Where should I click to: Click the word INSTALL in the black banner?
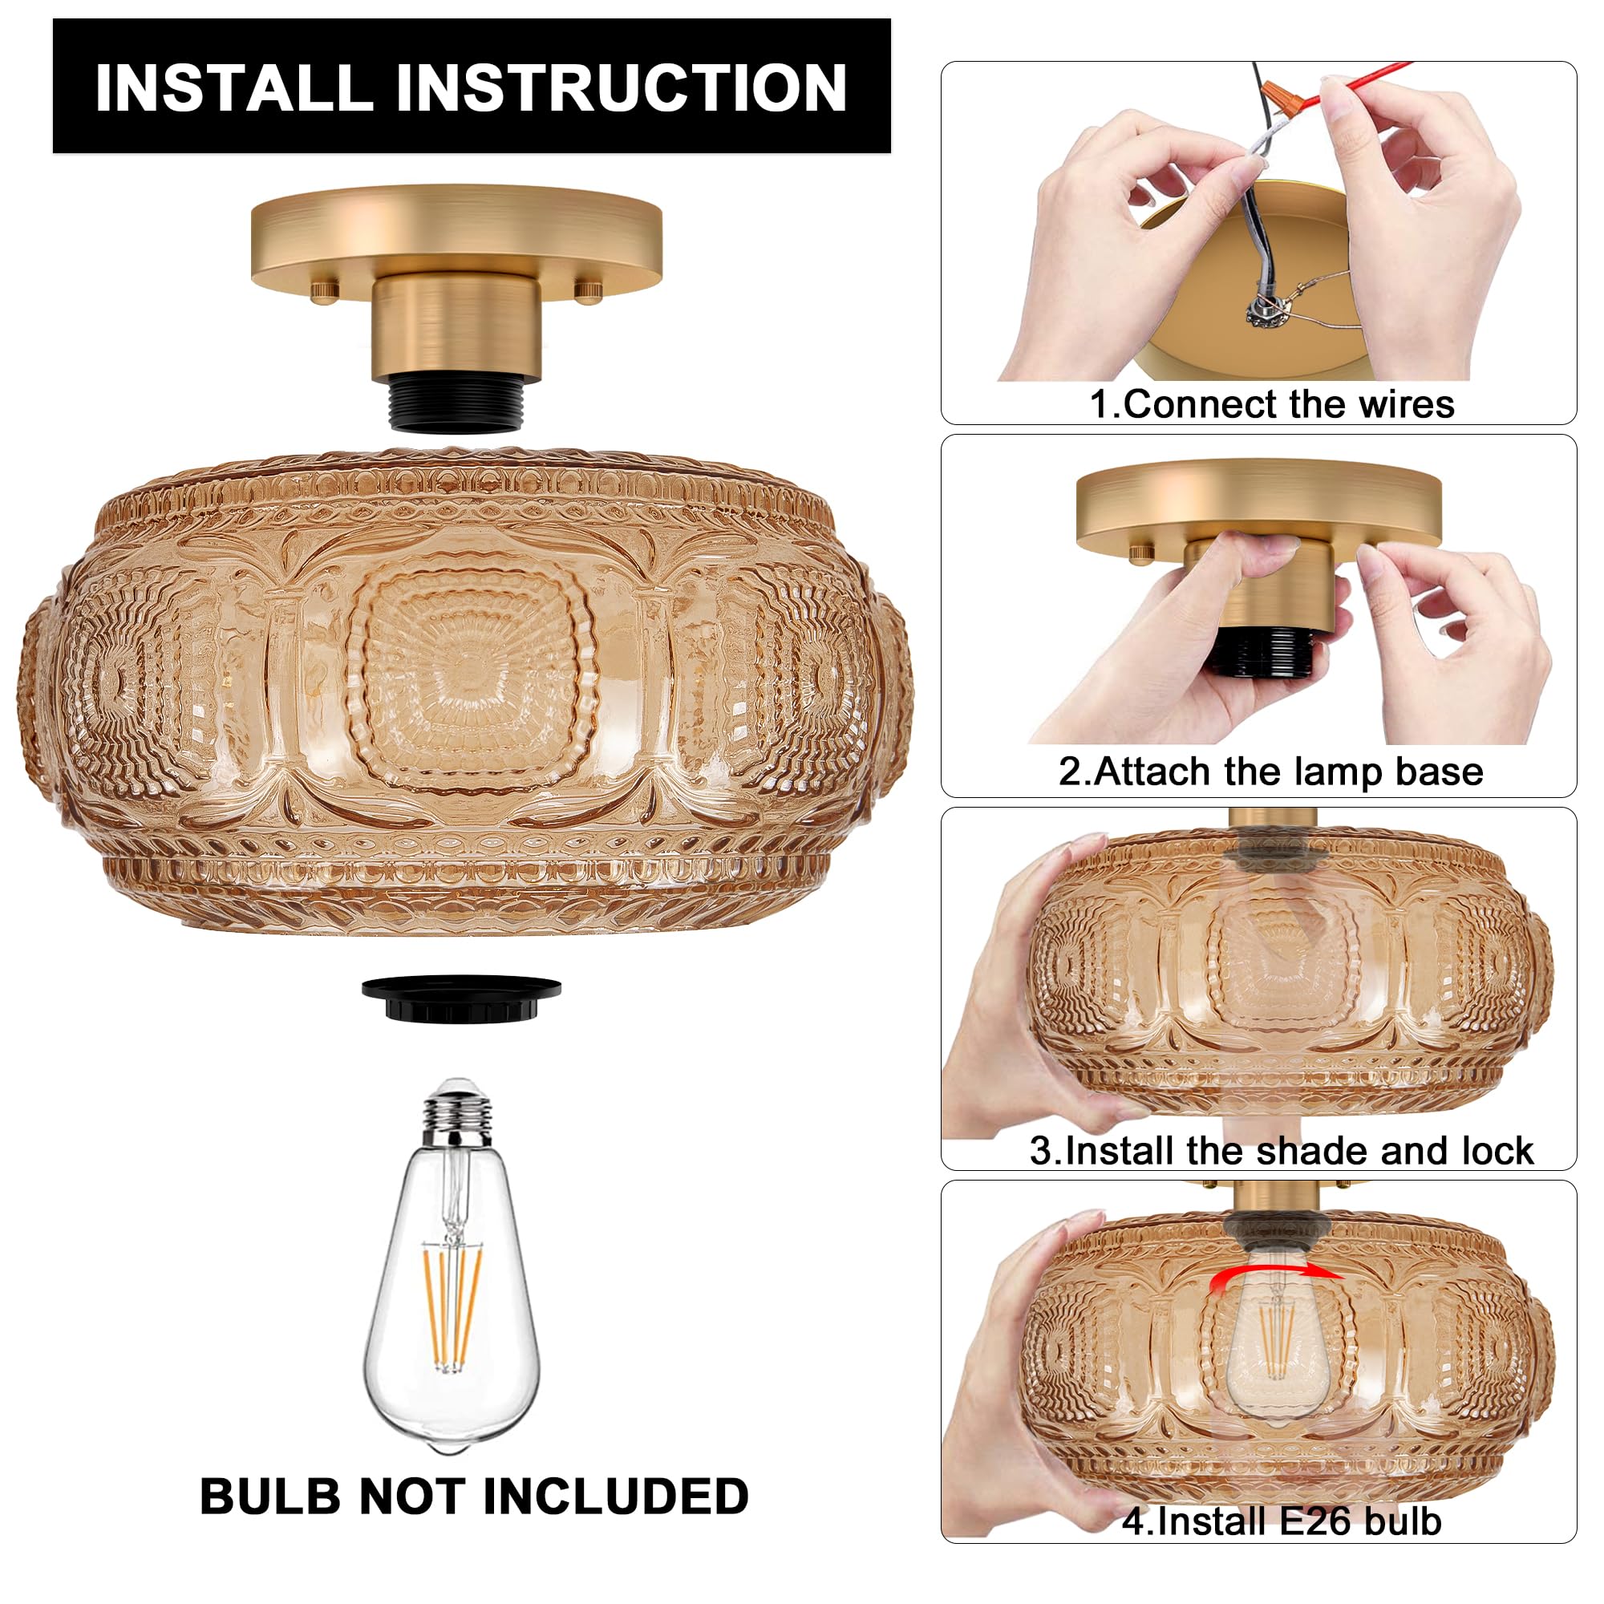pyautogui.click(x=233, y=88)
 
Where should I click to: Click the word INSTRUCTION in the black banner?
pyautogui.click(x=620, y=88)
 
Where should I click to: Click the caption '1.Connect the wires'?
pyautogui.click(x=1271, y=404)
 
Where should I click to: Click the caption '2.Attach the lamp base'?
pyautogui.click(x=1270, y=772)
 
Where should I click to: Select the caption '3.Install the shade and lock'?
pyautogui.click(x=1281, y=1151)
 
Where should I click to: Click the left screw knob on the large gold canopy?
pyautogui.click(x=325, y=291)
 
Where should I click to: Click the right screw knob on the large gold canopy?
pyautogui.click(x=588, y=291)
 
